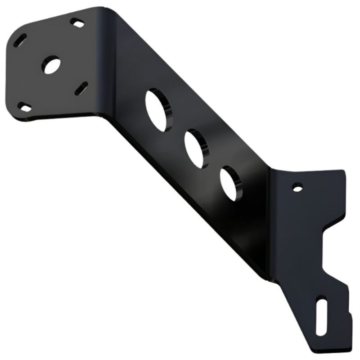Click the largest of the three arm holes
click(158, 109)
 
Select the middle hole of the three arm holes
click(195, 148)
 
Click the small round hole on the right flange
click(296, 186)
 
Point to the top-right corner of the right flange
click(343, 171)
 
